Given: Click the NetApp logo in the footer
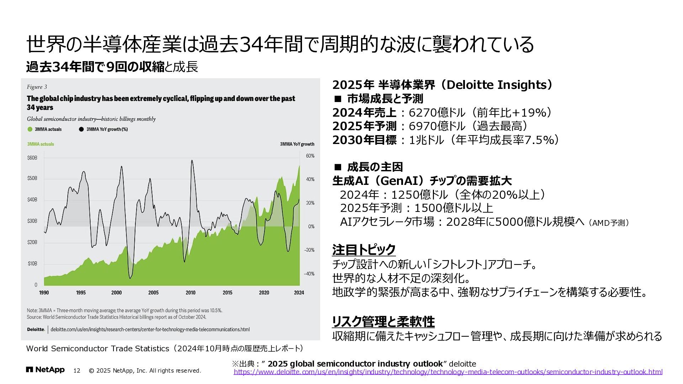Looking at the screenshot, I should tap(45, 370).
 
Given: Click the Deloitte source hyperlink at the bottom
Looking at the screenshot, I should tap(448, 372).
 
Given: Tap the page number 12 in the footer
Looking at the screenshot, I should tap(76, 371).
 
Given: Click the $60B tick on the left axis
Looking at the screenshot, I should tap(32, 158).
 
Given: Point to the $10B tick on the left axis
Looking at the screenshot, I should tap(32, 264).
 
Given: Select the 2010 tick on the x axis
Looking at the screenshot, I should tap(190, 293).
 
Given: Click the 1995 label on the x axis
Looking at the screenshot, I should tap(81, 293).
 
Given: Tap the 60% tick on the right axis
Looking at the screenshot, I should tap(310, 156).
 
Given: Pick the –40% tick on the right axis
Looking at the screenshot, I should tap(309, 274).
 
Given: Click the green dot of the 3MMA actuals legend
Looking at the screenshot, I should tap(30, 129).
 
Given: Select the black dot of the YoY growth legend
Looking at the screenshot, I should tap(81, 129).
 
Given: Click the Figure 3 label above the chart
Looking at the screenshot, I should tap(37, 87).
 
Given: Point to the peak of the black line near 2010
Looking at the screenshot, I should tap(192, 161).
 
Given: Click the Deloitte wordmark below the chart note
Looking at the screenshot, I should tap(36, 330).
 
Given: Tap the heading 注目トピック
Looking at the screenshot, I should tap(364, 250).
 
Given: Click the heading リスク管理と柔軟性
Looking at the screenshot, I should tap(383, 322).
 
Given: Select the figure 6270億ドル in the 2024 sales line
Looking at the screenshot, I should tap(436, 113).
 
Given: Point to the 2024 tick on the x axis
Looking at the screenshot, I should tap(299, 293).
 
